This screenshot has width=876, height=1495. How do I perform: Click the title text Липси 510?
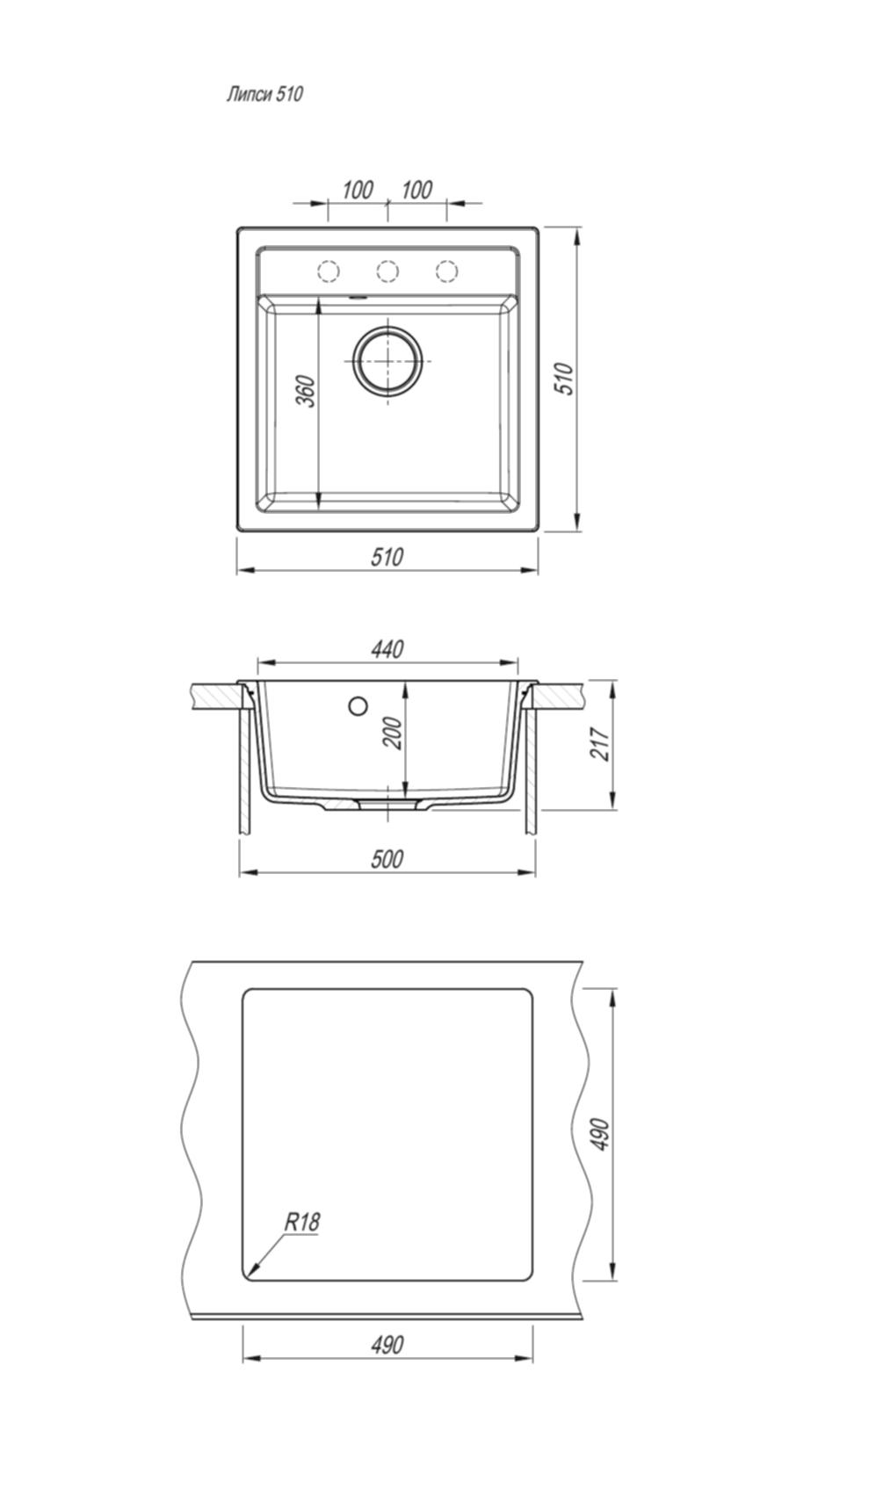(264, 94)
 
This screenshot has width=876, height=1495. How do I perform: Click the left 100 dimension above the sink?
(358, 191)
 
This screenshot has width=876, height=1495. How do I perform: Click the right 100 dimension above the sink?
(416, 191)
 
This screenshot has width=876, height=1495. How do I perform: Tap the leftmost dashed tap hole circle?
(328, 271)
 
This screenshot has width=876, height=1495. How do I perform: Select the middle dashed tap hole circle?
(387, 271)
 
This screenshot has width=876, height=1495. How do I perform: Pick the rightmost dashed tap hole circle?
(446, 271)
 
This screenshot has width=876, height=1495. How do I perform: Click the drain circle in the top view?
(388, 361)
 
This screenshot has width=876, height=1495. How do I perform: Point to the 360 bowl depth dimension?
(306, 392)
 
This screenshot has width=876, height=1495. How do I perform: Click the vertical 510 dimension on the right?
(565, 379)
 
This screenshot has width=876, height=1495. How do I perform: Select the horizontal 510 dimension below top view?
(387, 557)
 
